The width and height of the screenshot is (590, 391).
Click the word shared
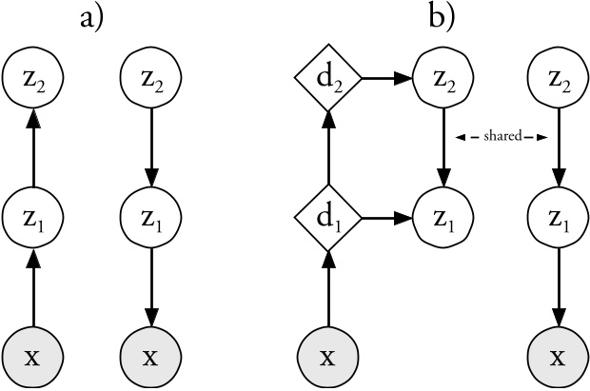[x=500, y=138]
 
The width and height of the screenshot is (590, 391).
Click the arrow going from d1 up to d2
[x=327, y=150]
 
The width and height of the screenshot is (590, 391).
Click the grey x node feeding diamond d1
[x=327, y=357]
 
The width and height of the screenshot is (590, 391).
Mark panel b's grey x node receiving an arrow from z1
[x=558, y=357]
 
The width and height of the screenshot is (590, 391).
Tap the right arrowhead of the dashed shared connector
[x=542, y=138]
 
